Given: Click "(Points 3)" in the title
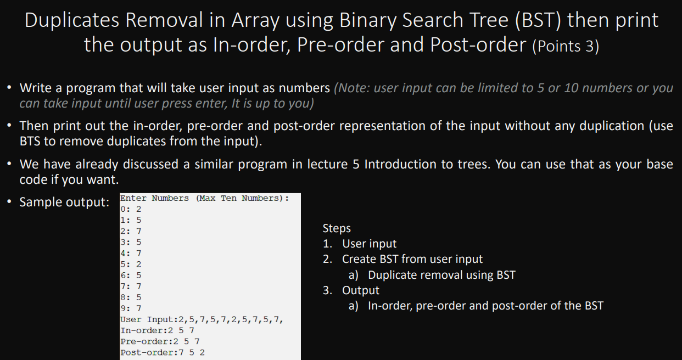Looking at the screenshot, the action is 566,46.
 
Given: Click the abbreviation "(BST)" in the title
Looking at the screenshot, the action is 538,20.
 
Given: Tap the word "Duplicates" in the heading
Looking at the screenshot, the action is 72,20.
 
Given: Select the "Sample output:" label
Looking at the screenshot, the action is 64,202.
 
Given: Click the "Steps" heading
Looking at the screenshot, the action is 337,228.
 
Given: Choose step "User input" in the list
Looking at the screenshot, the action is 369,244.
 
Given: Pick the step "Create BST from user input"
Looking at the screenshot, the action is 412,259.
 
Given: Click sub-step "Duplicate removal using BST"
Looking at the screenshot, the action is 442,275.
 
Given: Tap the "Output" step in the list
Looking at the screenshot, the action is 360,290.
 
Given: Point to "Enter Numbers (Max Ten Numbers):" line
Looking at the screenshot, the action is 205,199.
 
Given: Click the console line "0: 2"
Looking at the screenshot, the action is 131,210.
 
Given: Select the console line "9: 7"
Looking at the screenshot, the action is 131,308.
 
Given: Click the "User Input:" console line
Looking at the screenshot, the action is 202,319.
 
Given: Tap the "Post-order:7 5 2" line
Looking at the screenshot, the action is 163,353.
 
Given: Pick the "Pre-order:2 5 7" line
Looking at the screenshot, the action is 160,342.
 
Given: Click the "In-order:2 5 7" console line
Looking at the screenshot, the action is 157,330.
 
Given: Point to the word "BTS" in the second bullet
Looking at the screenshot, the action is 30,141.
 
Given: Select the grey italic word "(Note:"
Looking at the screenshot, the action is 351,88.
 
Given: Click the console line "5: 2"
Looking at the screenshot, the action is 131,265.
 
